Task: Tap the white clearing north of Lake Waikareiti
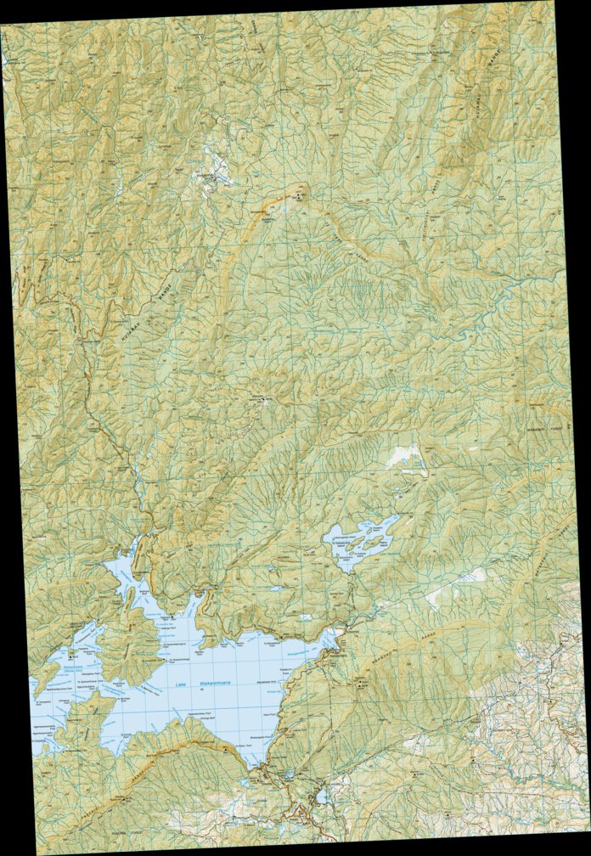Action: click(x=406, y=459)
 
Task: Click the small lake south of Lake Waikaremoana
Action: click(x=320, y=797)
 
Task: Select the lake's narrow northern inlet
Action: click(x=194, y=607)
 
